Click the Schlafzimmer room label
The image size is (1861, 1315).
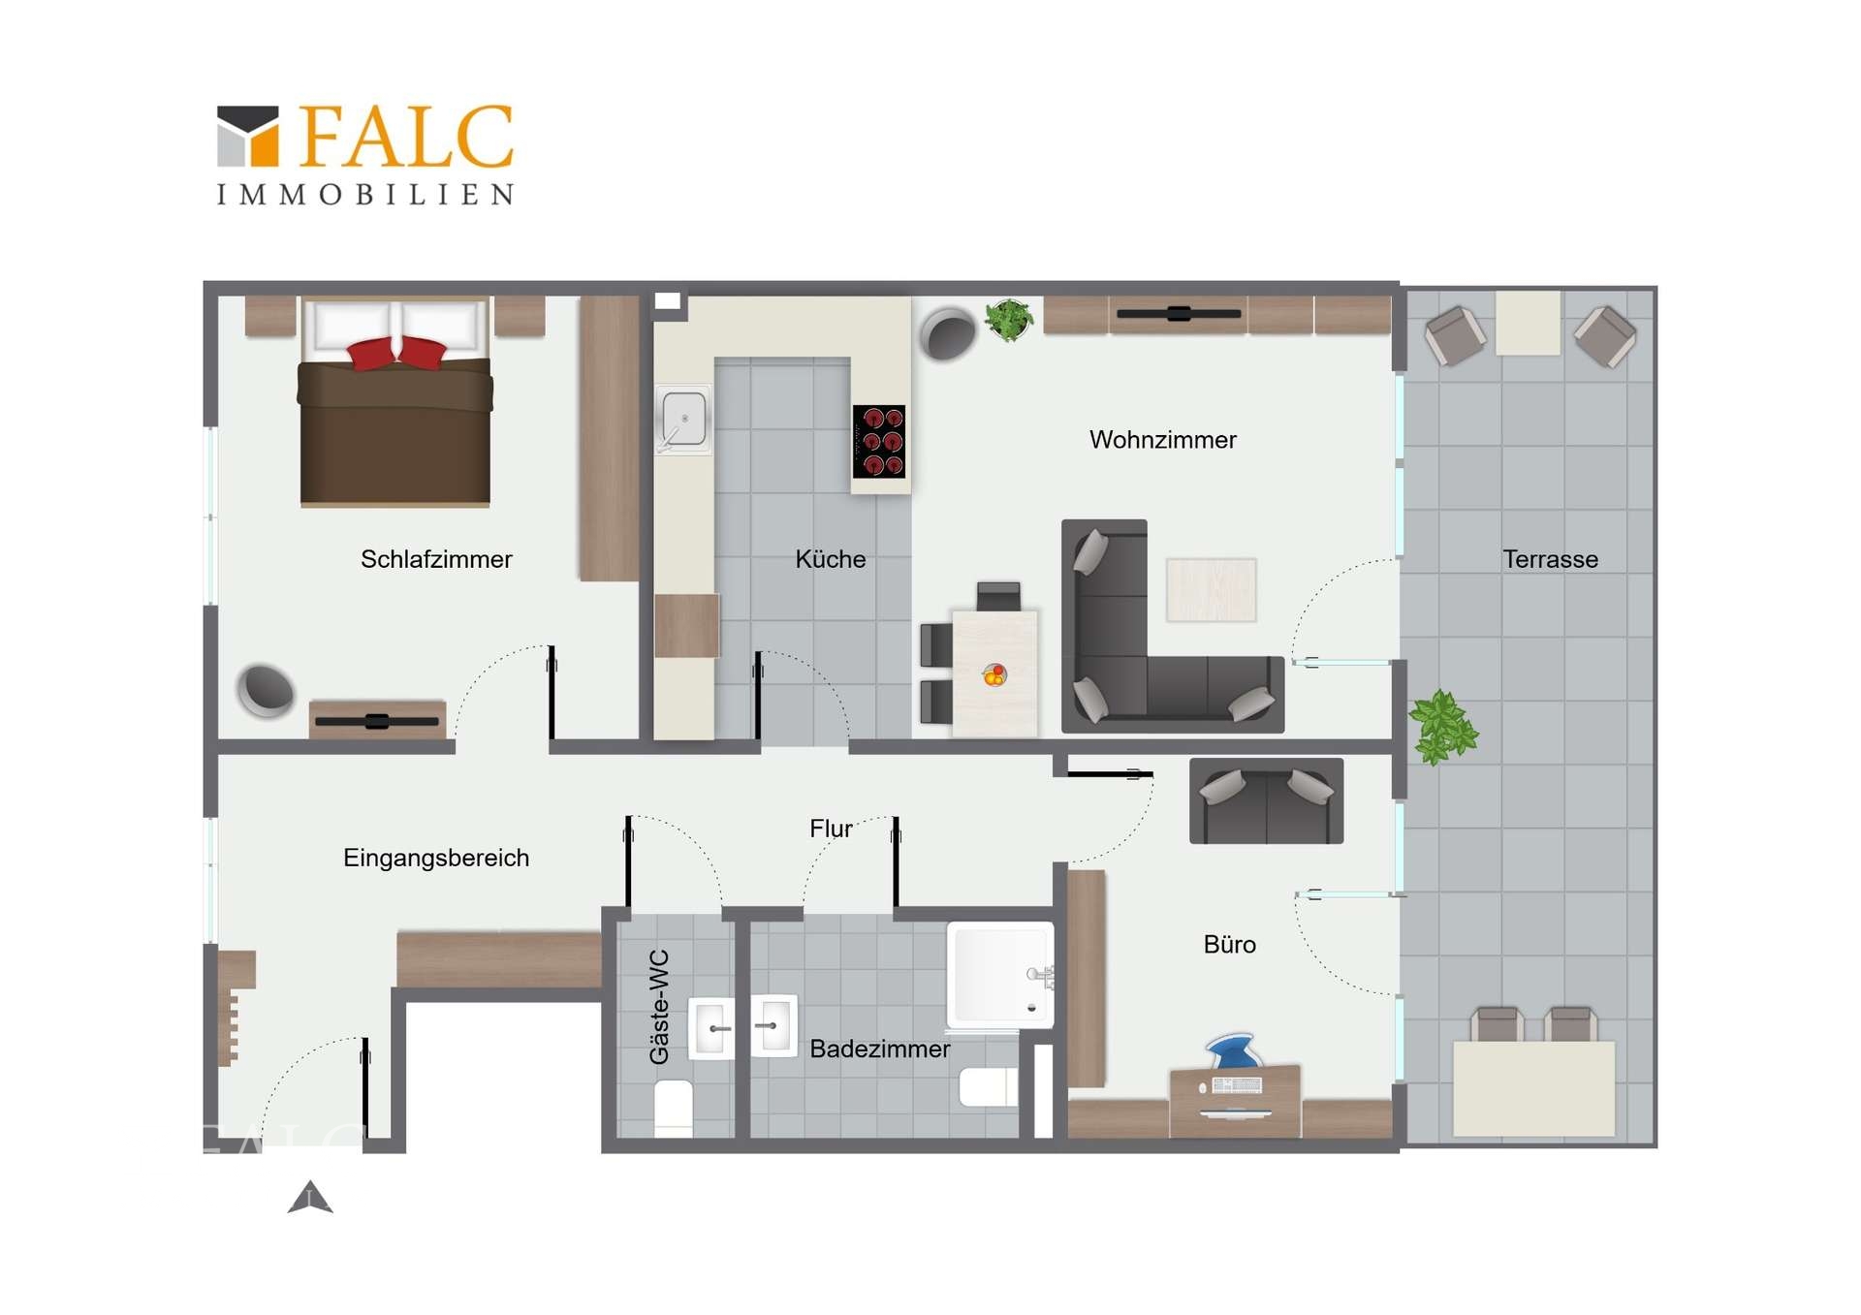pos(436,559)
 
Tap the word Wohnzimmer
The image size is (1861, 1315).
pos(1163,440)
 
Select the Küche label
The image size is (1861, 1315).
pos(831,559)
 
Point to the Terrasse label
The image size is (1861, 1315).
pos(1551,559)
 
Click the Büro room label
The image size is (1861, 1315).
pos(1230,945)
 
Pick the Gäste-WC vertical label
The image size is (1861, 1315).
pos(659,1007)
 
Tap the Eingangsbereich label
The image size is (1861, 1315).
pos(436,859)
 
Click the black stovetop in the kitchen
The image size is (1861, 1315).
pos(879,441)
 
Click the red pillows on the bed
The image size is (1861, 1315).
pos(397,352)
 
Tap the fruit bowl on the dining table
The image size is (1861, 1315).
pos(994,674)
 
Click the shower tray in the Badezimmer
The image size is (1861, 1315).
pos(1000,975)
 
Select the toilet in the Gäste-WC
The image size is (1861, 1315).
pos(675,1108)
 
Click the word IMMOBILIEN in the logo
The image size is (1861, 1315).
pos(365,195)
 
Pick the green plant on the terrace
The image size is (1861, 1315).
pos(1443,727)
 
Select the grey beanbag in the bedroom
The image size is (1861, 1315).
pos(266,690)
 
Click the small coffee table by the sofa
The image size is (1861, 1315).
pos(1212,589)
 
